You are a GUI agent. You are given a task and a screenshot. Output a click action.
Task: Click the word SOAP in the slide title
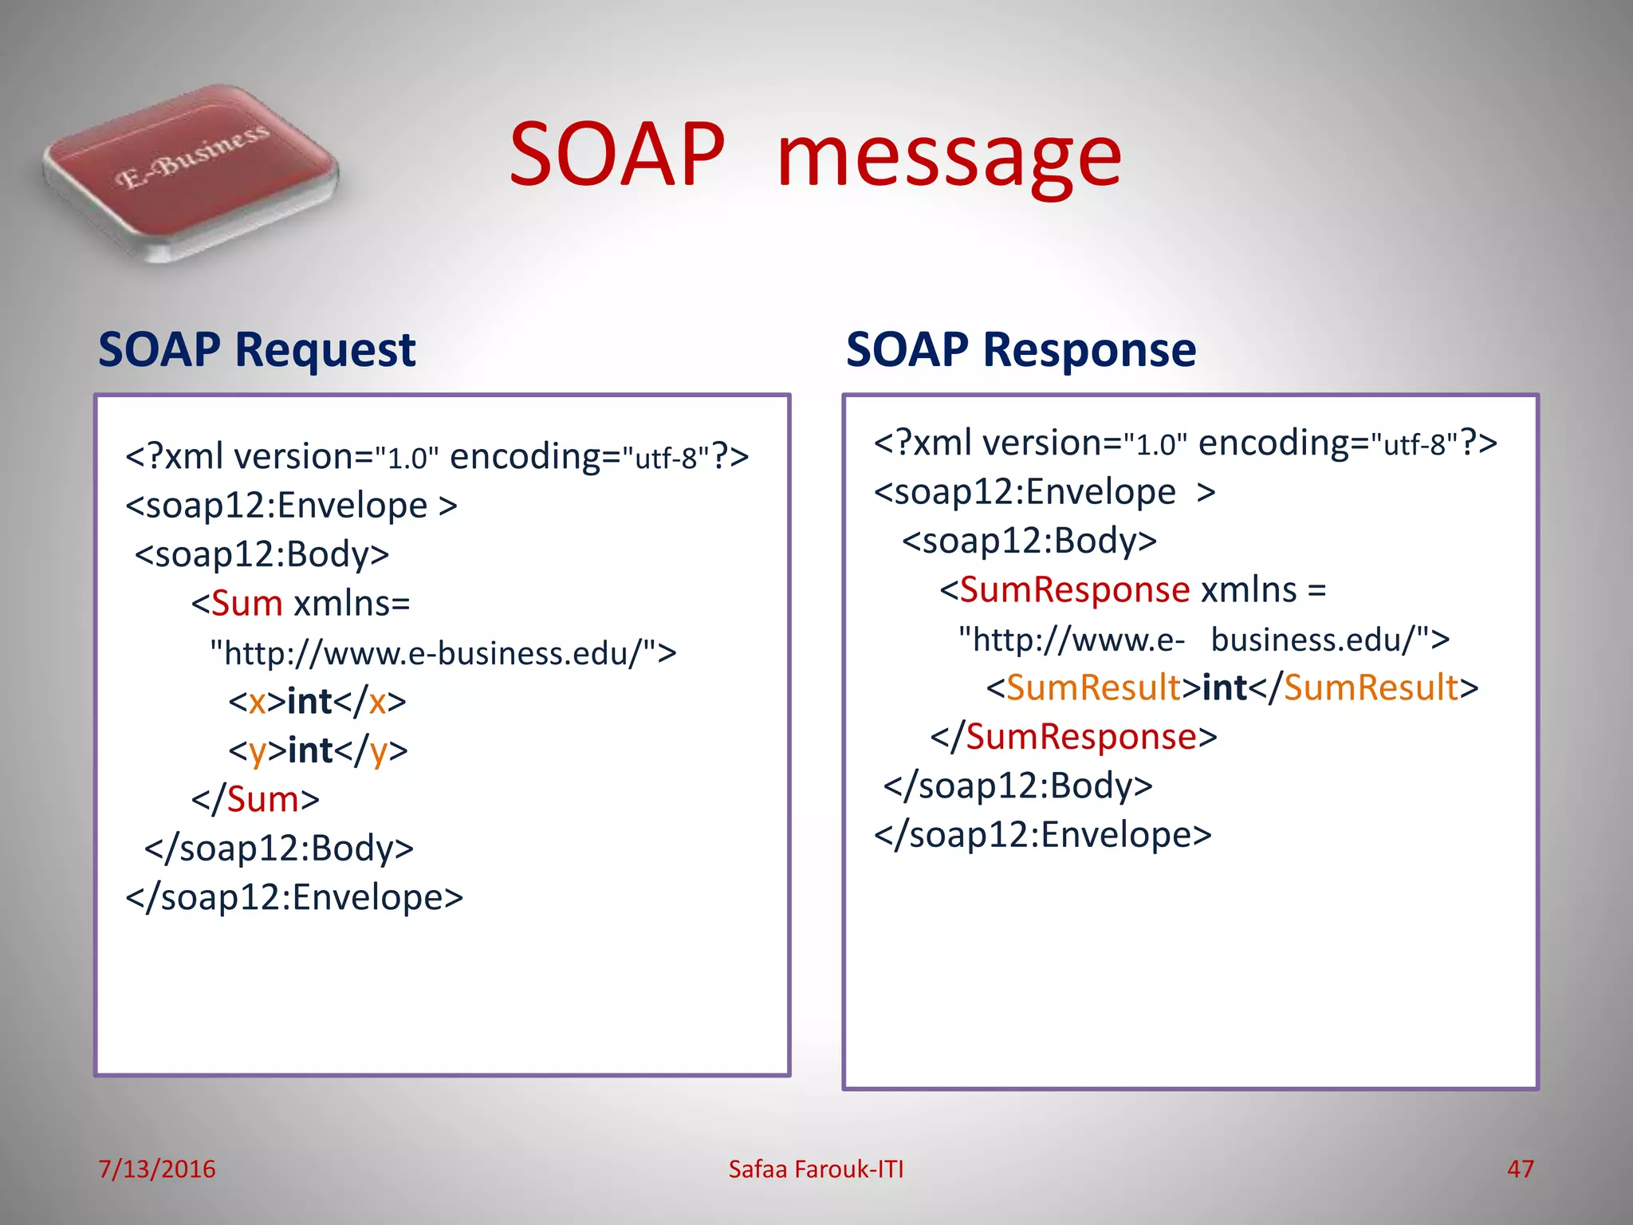point(616,155)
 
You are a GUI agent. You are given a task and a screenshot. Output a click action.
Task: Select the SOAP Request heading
point(256,350)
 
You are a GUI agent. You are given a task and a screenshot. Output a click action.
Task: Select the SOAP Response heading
point(1020,350)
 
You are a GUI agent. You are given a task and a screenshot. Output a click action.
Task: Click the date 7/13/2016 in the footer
point(156,1168)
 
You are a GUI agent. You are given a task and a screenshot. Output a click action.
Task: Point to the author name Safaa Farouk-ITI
point(816,1168)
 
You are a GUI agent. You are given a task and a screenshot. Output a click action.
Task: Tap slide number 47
point(1520,1168)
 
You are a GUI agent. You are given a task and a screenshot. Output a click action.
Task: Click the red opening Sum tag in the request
point(247,604)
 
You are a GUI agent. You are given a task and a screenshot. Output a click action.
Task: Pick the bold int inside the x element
point(309,702)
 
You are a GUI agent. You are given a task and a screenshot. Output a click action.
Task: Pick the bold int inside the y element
point(310,750)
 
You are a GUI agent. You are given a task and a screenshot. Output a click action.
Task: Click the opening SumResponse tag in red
point(1074,590)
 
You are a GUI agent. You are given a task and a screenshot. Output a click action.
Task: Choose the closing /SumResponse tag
point(1080,737)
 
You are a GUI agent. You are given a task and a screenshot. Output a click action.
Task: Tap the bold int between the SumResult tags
point(1224,687)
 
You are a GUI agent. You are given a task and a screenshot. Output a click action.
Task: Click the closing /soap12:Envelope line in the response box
point(1042,835)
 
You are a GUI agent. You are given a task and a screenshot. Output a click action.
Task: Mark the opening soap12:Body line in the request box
point(262,554)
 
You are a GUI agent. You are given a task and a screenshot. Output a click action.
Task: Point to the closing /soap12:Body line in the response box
point(1017,786)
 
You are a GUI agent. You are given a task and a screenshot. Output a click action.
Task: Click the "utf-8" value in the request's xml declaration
point(665,459)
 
